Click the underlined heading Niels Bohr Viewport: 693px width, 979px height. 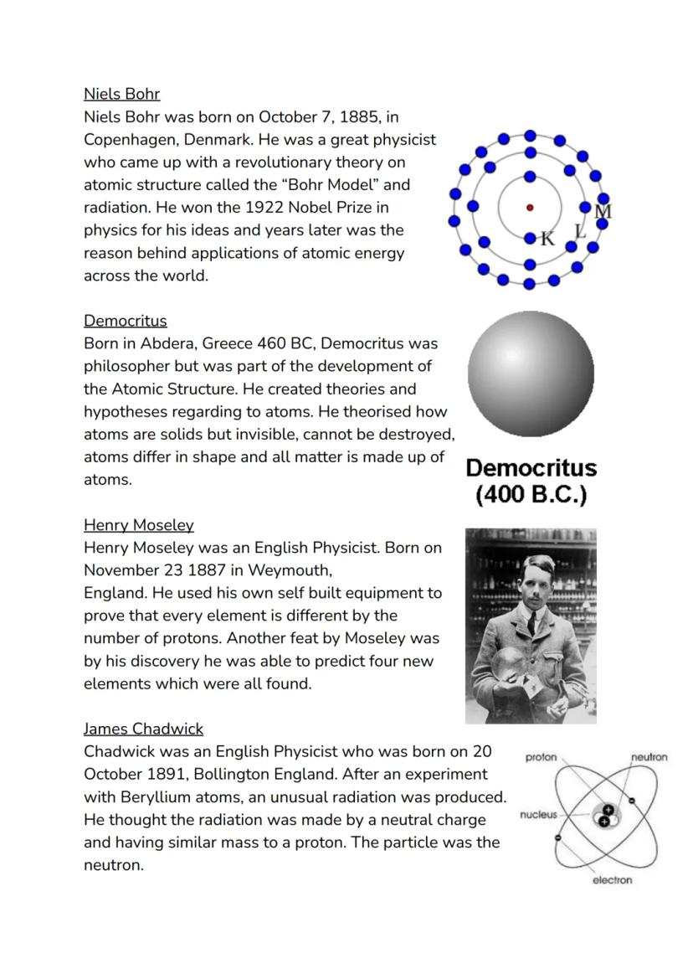point(121,94)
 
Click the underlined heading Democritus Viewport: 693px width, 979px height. point(125,321)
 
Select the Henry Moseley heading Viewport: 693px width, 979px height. point(138,525)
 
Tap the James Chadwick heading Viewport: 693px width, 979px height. point(143,729)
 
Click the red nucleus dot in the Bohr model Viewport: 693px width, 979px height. point(529,208)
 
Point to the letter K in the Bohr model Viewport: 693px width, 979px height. point(547,239)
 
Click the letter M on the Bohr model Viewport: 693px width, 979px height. point(603,212)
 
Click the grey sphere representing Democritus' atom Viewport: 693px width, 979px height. point(531,374)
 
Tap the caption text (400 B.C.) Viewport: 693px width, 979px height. point(531,495)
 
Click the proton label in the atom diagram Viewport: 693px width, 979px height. point(541,757)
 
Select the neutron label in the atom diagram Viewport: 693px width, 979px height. point(649,757)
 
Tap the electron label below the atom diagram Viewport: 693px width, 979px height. point(612,880)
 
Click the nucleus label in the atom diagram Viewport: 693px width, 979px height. point(537,814)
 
